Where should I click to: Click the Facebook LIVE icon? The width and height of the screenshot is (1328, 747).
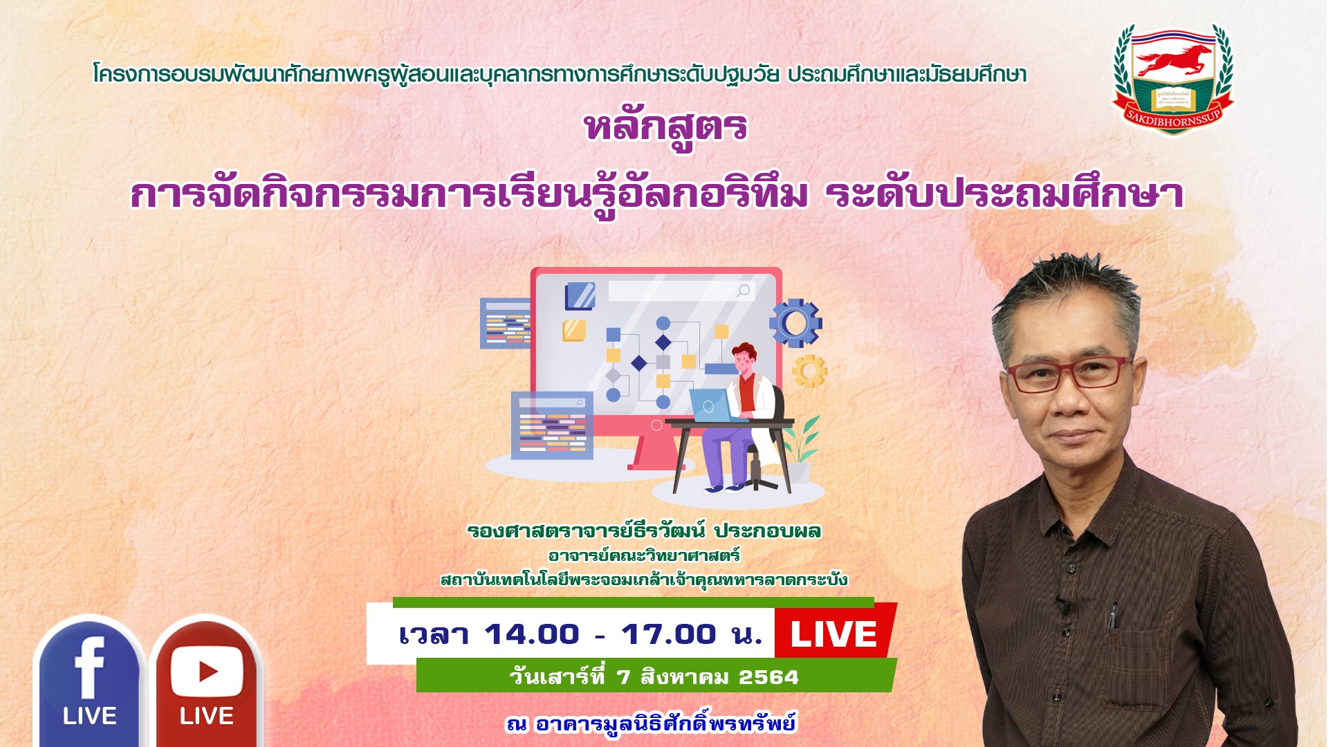(x=89, y=681)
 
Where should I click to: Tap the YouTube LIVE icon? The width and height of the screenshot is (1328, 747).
(x=206, y=681)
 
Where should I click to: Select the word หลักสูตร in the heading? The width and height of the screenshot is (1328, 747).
(x=665, y=128)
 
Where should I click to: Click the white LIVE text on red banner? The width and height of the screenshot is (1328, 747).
(x=833, y=634)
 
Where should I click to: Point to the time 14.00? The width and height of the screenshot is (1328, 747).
(x=531, y=634)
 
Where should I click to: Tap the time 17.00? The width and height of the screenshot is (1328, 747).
(x=668, y=634)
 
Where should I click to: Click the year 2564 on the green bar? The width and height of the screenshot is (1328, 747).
(x=768, y=677)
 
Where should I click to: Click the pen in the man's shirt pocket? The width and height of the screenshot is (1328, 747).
(x=1112, y=618)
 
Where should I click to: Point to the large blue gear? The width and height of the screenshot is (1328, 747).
(x=795, y=323)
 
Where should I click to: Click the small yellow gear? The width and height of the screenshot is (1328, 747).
(x=809, y=371)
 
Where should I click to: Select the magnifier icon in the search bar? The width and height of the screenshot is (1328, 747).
(x=744, y=290)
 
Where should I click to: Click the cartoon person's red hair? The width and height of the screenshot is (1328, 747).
(x=744, y=351)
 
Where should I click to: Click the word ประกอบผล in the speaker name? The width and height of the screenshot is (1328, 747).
(x=767, y=531)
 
